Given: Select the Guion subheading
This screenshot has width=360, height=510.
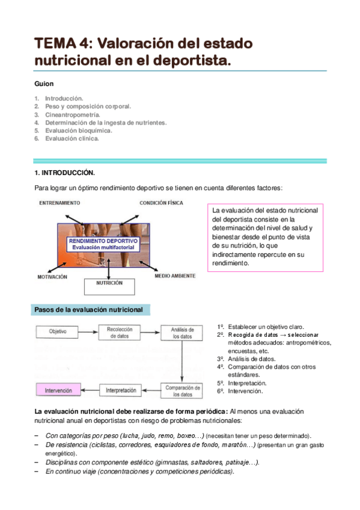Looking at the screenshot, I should [x=44, y=84].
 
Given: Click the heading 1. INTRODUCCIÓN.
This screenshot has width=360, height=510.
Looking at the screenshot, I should [x=64, y=173].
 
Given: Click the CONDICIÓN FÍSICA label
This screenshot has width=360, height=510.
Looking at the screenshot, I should [x=161, y=203].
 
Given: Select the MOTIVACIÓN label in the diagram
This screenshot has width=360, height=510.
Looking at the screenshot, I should [x=53, y=277].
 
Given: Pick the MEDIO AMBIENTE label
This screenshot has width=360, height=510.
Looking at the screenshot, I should [x=175, y=276].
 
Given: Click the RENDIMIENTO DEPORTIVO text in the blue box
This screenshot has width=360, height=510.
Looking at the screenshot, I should [x=103, y=241].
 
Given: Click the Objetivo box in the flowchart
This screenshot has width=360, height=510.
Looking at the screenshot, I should [x=58, y=331].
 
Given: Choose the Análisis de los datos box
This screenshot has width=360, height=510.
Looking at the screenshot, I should [x=182, y=333].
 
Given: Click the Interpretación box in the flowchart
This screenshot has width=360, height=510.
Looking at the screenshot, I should [x=121, y=390].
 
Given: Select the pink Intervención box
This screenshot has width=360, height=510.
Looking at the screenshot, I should [x=58, y=390].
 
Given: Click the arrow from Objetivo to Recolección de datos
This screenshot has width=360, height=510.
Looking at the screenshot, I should [x=90, y=331].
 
